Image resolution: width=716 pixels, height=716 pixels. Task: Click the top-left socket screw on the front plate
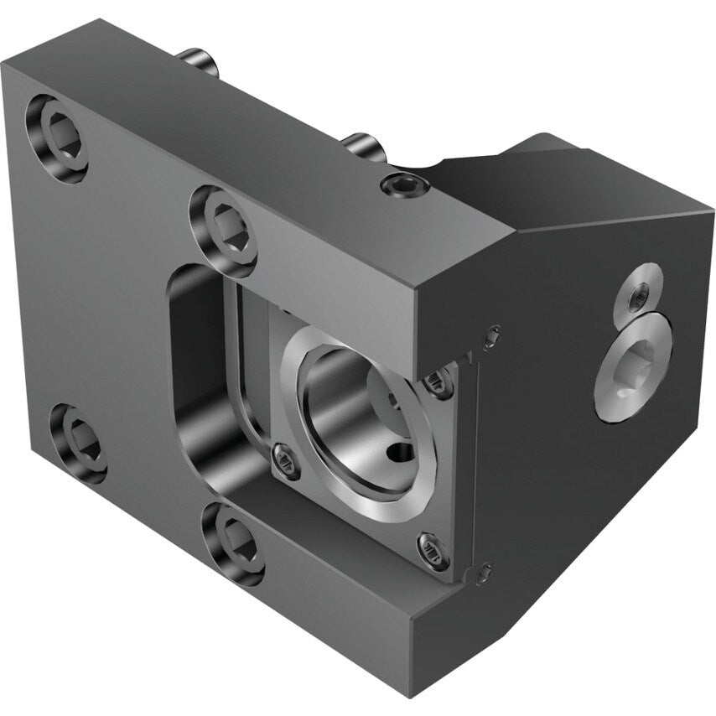click(x=57, y=137)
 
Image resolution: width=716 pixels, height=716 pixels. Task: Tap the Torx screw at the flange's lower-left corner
click(x=286, y=460)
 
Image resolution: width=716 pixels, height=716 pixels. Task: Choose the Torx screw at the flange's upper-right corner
click(x=438, y=382)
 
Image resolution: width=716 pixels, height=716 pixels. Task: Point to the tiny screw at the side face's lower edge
click(x=484, y=574)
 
